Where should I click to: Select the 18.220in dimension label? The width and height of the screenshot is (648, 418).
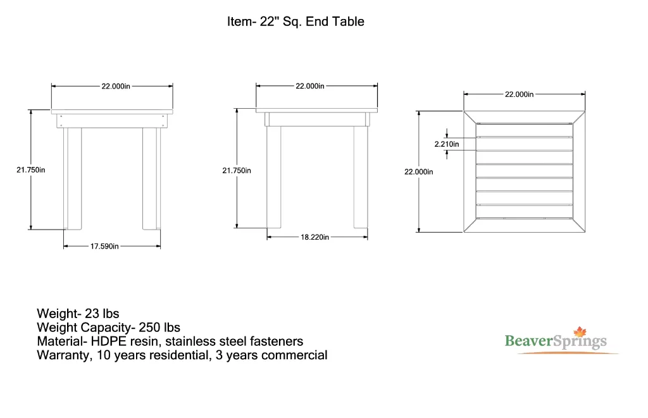pyautogui.click(x=315, y=237)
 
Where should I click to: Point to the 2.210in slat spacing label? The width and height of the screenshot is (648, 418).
pyautogui.click(x=446, y=144)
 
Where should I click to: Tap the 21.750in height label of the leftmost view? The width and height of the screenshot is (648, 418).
pyautogui.click(x=30, y=169)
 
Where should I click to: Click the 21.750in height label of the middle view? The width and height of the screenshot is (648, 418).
pyautogui.click(x=236, y=170)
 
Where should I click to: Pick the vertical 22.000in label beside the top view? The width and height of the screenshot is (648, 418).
pyautogui.click(x=419, y=171)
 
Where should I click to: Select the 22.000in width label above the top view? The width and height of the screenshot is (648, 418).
pyautogui.click(x=519, y=94)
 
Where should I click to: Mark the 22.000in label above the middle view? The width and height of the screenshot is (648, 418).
pyautogui.click(x=310, y=86)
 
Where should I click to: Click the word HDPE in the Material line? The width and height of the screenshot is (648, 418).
pyautogui.click(x=108, y=341)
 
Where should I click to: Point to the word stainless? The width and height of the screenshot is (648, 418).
pyautogui.click(x=190, y=341)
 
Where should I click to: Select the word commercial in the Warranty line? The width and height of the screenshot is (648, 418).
pyautogui.click(x=294, y=355)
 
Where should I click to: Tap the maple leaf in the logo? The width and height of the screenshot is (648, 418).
pyautogui.click(x=580, y=333)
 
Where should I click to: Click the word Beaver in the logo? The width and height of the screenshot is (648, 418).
pyautogui.click(x=529, y=341)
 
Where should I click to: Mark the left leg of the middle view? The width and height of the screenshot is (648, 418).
pyautogui.click(x=273, y=176)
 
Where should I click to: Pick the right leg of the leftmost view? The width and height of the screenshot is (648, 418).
pyautogui.click(x=151, y=178)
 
